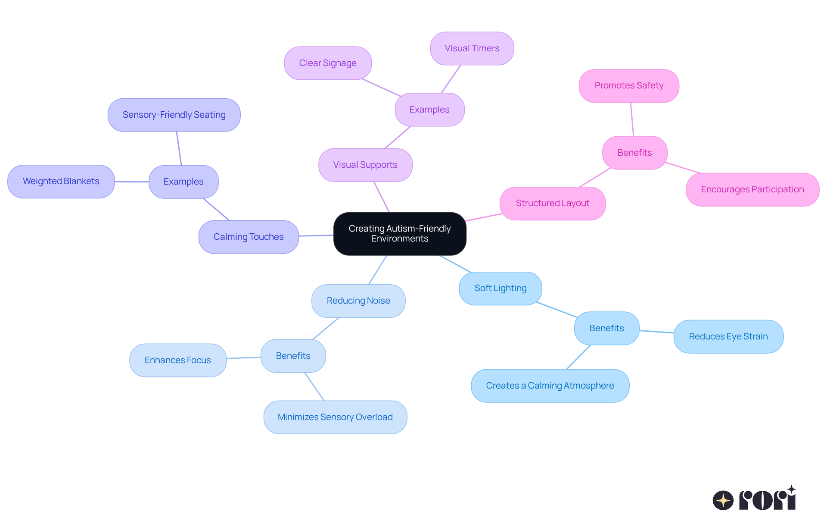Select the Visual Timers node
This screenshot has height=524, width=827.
point(472,48)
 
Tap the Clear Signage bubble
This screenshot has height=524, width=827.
point(328,63)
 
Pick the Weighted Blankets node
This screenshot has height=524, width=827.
point(61,181)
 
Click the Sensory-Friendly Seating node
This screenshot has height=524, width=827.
point(174,115)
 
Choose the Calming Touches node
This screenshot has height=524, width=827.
point(249,237)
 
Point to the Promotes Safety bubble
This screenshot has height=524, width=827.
point(629,85)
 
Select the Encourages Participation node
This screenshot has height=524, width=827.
point(752,189)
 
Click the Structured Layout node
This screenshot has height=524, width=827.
point(553,203)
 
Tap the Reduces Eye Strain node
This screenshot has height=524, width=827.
point(728,336)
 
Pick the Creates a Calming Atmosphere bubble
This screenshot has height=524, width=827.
point(550,386)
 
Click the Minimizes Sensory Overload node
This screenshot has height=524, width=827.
point(335,417)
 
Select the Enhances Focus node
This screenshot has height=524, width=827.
point(177,360)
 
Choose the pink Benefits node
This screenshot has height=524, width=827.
point(634,153)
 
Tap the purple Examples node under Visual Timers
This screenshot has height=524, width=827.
point(429,110)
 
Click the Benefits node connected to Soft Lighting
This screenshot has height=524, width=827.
point(606,328)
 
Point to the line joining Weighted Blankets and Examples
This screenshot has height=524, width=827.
point(132,182)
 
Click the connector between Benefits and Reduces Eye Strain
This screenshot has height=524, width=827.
point(656,332)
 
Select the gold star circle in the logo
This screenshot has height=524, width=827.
point(723,500)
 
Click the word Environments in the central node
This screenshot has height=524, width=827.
point(400,239)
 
